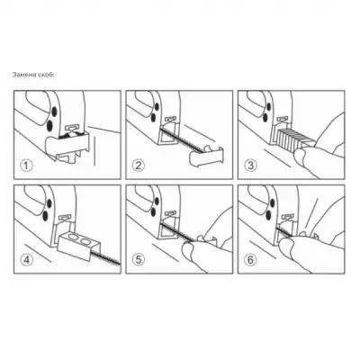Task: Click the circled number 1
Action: pyautogui.click(x=27, y=166)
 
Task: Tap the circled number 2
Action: pyautogui.click(x=138, y=166)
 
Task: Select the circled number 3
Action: pyautogui.click(x=250, y=166)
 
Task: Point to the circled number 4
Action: pyautogui.click(x=27, y=260)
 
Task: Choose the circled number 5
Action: pyautogui.click(x=138, y=260)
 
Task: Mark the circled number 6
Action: pyautogui.click(x=250, y=260)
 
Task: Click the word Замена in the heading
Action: pyautogui.click(x=22, y=75)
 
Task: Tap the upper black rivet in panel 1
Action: pyautogui.click(x=54, y=112)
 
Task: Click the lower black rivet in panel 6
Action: pyautogui.click(x=267, y=214)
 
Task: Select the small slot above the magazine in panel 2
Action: pyautogui.click(x=170, y=120)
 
